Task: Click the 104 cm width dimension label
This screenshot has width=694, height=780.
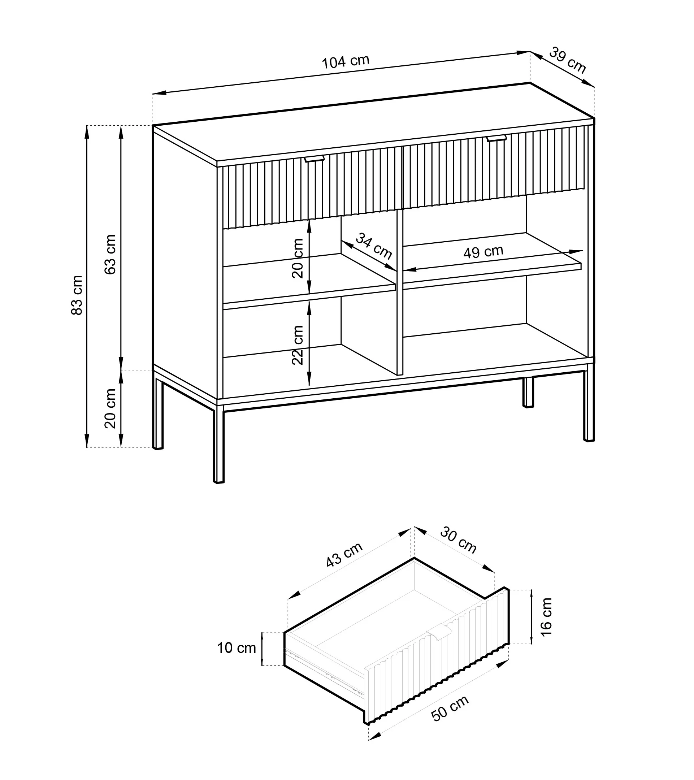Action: point(346,62)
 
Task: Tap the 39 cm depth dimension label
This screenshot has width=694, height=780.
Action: point(567,60)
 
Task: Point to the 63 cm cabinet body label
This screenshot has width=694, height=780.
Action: point(110,255)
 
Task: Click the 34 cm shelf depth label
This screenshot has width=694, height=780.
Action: point(374,246)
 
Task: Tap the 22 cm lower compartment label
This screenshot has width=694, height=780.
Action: point(298,345)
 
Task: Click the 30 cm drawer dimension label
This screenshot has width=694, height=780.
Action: point(458,540)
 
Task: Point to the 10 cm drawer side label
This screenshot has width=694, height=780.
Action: point(237,648)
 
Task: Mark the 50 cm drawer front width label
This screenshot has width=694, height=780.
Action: point(450,708)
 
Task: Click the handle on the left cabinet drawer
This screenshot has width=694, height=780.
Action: point(315,159)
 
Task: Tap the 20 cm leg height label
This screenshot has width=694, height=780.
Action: point(110,408)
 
